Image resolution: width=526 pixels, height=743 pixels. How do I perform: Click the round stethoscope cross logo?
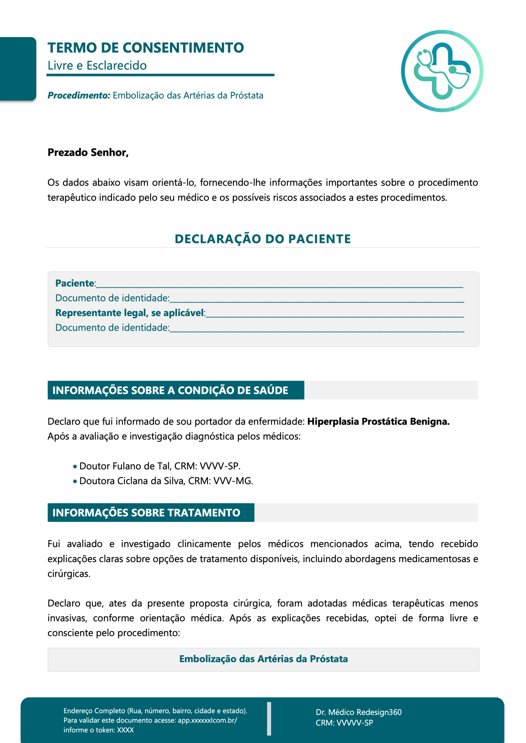pyautogui.click(x=442, y=71)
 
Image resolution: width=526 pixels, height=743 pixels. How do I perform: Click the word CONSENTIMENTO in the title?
pyautogui.click(x=183, y=48)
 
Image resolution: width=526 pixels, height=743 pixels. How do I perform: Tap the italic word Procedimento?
pyautogui.click(x=79, y=95)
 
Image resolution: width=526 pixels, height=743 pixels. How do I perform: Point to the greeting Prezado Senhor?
pyautogui.click(x=88, y=152)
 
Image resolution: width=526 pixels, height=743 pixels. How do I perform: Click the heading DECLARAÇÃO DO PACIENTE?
pyautogui.click(x=263, y=239)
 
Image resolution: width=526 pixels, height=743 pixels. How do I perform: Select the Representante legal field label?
pyautogui.click(x=130, y=313)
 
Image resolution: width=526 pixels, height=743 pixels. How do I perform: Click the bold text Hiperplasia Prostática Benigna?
pyautogui.click(x=378, y=421)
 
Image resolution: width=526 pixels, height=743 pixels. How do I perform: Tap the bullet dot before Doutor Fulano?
pyautogui.click(x=75, y=467)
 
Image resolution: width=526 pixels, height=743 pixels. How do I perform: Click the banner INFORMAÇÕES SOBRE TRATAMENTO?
pyautogui.click(x=146, y=513)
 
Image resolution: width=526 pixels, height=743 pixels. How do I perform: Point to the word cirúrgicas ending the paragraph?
pyautogui.click(x=69, y=574)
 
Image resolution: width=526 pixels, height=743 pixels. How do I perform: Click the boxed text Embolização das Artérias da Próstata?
pyautogui.click(x=263, y=659)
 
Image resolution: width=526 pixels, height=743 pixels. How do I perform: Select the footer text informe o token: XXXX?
pyautogui.click(x=98, y=730)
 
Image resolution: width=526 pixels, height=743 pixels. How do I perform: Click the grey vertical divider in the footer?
pyautogui.click(x=269, y=719)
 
